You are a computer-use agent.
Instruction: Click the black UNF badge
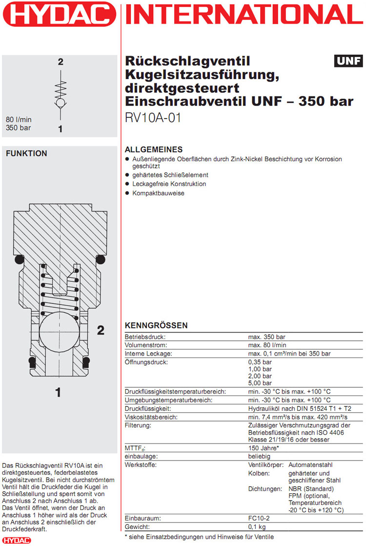pyautogui.click(x=348, y=61)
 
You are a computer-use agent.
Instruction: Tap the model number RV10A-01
pyautogui.click(x=153, y=118)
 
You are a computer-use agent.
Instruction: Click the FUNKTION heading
pyautogui.click(x=26, y=153)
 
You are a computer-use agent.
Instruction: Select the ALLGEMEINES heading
pyautogui.click(x=154, y=149)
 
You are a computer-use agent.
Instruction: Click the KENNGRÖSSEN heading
pyautogui.click(x=156, y=326)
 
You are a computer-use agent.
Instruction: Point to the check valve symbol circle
pyautogui.click(x=60, y=104)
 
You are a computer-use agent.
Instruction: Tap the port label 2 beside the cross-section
pyautogui.click(x=101, y=331)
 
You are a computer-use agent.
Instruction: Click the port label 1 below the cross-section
pyautogui.click(x=58, y=392)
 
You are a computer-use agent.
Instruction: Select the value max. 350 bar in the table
pyautogui.click(x=266, y=337)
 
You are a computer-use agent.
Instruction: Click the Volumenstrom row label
pyautogui.click(x=146, y=345)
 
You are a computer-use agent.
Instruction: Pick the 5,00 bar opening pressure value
pyautogui.click(x=260, y=383)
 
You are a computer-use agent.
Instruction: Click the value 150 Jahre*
pyautogui.click(x=264, y=448)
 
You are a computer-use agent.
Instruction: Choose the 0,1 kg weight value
pyautogui.click(x=257, y=526)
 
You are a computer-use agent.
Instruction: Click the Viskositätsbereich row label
pyautogui.click(x=151, y=417)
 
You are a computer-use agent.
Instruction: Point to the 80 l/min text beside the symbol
pyautogui.click(x=19, y=120)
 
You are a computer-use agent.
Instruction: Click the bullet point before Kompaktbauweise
pyautogui.click(x=127, y=193)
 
